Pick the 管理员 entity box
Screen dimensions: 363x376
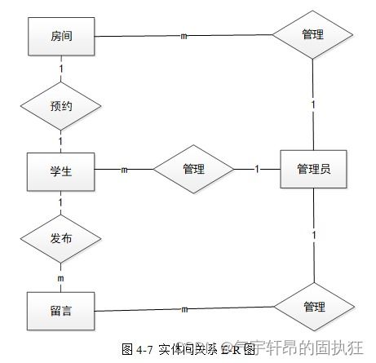pos(313,170)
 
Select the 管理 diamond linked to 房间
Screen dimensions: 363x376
pos(313,35)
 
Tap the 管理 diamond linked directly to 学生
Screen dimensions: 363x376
pos(193,170)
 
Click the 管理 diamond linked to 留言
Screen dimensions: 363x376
pos(313,307)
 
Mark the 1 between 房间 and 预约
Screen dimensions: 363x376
pos(61,71)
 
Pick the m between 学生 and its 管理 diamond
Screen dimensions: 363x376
pos(124,170)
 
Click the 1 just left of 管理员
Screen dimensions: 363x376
pos(257,170)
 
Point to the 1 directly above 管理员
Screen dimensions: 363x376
pos(312,105)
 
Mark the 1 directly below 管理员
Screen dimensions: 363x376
pos(313,236)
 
